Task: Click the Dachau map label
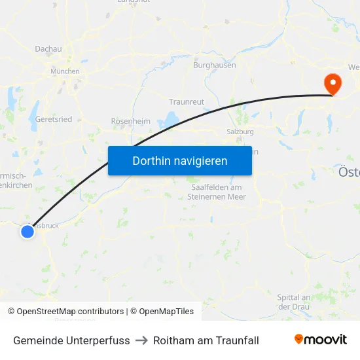48,48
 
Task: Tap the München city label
65,71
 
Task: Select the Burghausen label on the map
214,65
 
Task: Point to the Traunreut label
187,102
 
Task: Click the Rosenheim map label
130,121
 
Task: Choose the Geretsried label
54,119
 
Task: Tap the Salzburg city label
240,132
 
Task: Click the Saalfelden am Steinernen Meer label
215,192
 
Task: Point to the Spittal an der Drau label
293,302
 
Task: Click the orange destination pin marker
333,84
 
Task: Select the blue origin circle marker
27,231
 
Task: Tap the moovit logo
320,340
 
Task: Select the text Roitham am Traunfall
206,340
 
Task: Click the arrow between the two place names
141,340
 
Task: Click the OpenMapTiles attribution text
164,312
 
